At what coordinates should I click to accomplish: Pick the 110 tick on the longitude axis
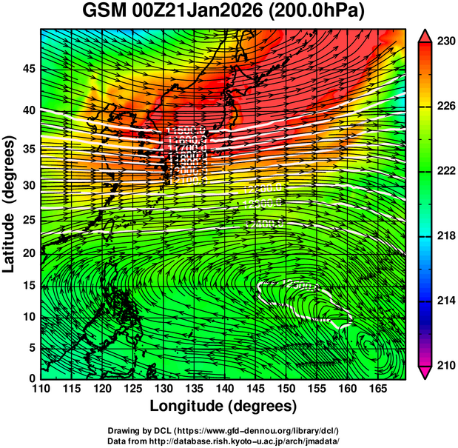[41, 389]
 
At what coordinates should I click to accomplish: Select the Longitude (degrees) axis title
[223, 407]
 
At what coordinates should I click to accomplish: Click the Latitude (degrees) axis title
[10, 204]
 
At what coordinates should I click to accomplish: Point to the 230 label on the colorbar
[443, 42]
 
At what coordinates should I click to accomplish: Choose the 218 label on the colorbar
[443, 236]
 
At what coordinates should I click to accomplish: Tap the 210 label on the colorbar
[443, 365]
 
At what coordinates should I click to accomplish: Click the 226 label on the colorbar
[443, 107]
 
